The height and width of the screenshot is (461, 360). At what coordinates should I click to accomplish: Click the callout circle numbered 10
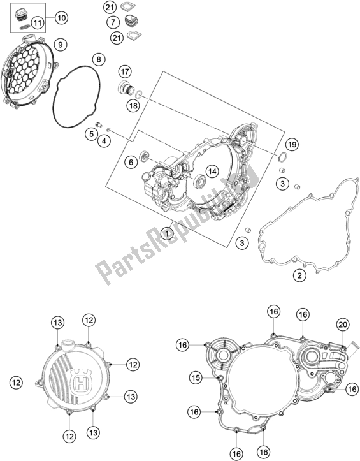point(61,18)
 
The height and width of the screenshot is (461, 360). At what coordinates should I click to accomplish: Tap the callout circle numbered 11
point(38,23)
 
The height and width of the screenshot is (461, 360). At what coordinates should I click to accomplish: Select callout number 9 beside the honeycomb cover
point(61,45)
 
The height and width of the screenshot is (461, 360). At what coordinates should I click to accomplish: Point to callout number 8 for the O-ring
point(99,59)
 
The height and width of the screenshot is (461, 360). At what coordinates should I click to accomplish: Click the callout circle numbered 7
point(113,22)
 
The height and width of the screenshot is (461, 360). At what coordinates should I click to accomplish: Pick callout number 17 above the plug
point(125,71)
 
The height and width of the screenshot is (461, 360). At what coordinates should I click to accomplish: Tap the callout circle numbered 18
point(133,105)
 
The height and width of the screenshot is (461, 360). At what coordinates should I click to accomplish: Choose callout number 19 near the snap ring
point(292,144)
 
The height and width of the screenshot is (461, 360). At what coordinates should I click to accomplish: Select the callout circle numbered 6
point(131,162)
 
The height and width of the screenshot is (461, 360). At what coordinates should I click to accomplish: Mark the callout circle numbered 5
point(92,134)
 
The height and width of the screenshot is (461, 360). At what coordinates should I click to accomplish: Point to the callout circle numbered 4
point(104,141)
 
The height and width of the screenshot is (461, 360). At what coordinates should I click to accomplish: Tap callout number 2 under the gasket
point(299,275)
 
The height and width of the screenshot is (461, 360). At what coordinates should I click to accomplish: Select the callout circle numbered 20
point(343,325)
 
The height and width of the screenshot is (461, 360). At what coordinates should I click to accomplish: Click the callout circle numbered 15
point(196,378)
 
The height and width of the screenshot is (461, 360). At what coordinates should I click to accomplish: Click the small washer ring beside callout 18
point(139,94)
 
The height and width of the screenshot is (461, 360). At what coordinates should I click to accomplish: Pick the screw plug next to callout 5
point(99,124)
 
